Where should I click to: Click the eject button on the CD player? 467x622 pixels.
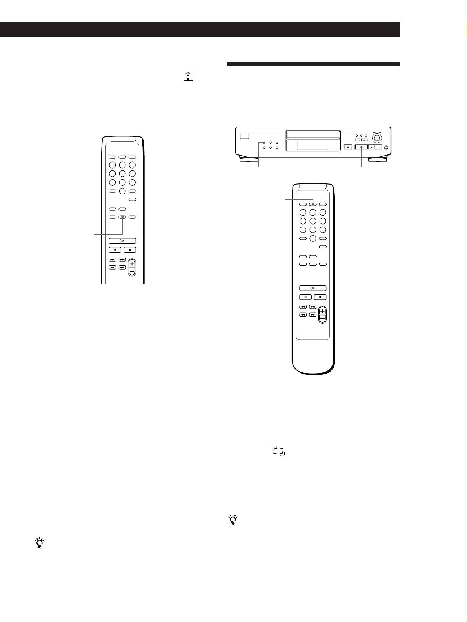pyautogui.click(x=347, y=147)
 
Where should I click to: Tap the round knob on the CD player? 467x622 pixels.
pyautogui.click(x=377, y=138)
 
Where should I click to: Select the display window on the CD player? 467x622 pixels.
pyautogui.click(x=313, y=145)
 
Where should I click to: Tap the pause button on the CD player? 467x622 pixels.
pyautogui.click(x=371, y=147)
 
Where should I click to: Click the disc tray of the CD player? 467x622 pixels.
pyautogui.click(x=313, y=134)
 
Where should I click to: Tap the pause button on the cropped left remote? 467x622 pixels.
pyautogui.click(x=115, y=250)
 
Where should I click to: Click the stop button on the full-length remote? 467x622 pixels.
pyautogui.click(x=320, y=297)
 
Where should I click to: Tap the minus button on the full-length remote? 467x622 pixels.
pyautogui.click(x=322, y=318)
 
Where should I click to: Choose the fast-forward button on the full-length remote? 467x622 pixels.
pyautogui.click(x=313, y=314)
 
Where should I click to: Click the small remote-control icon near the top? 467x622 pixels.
pyautogui.click(x=188, y=76)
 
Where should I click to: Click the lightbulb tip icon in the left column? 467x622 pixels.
pyautogui.click(x=40, y=543)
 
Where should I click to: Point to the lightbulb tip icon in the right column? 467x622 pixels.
pyautogui.click(x=233, y=520)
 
